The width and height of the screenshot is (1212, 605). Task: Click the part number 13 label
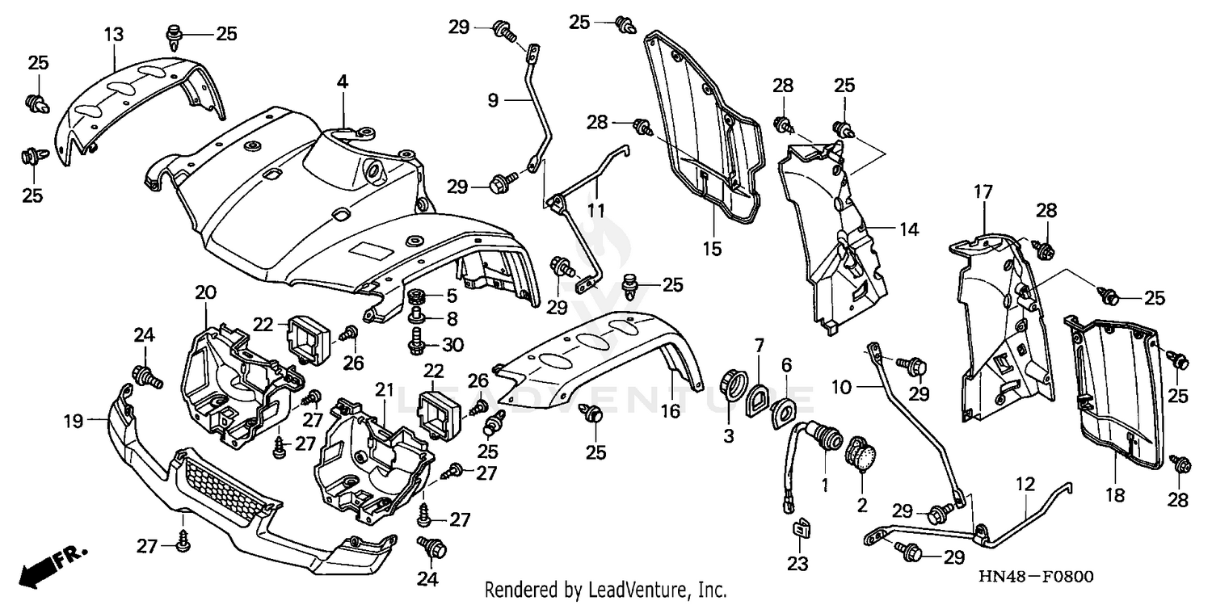click(x=114, y=34)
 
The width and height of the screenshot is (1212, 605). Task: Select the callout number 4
click(x=343, y=82)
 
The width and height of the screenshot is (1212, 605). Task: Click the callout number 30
click(x=452, y=345)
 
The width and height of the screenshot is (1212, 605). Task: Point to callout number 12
click(x=1025, y=485)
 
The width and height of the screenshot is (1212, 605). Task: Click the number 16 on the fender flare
click(x=670, y=412)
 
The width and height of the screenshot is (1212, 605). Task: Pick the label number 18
click(x=1116, y=495)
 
